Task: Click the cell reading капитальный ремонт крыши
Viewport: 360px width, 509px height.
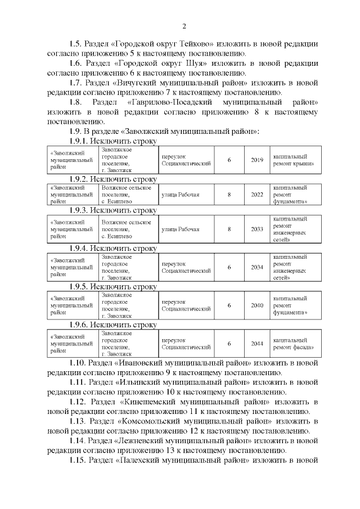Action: point(292,159)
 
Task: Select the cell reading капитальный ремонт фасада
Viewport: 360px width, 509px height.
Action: point(292,344)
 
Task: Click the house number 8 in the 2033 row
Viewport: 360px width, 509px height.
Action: point(229,229)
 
